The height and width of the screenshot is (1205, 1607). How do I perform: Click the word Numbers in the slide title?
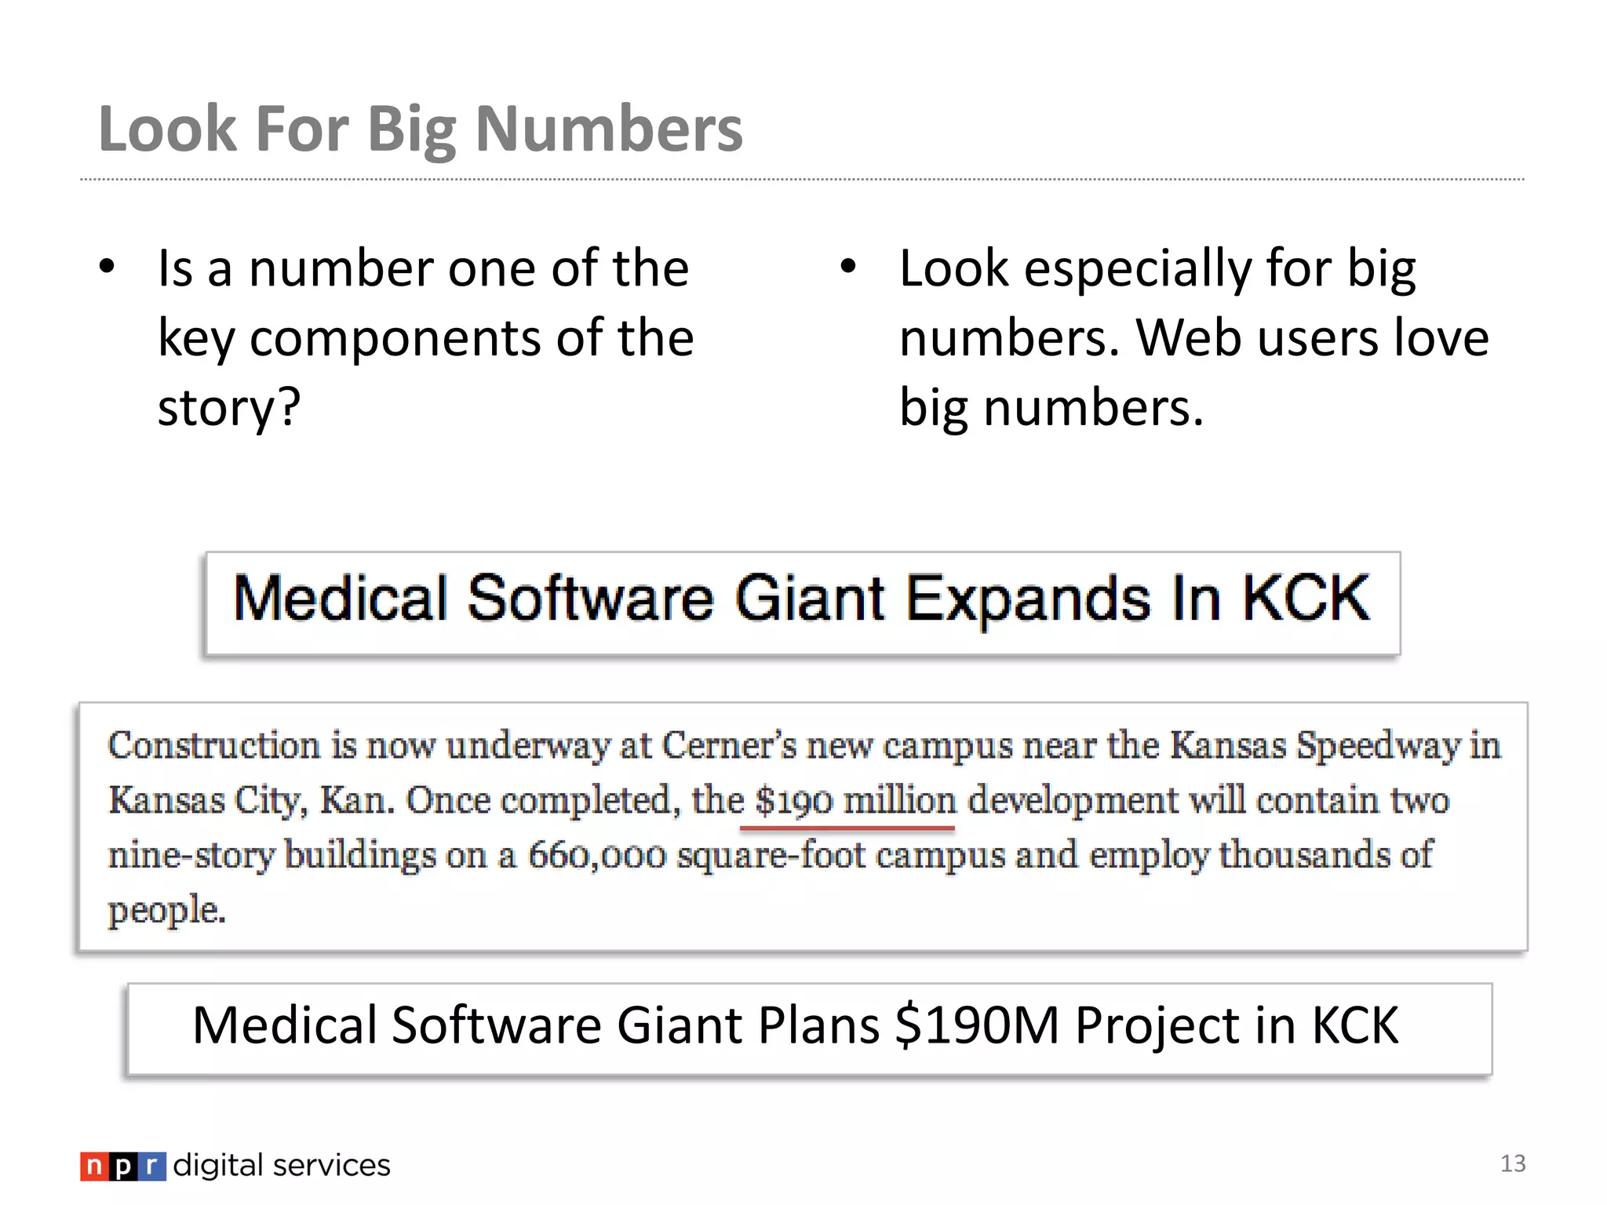pyautogui.click(x=608, y=129)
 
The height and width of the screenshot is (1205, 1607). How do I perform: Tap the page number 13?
pyautogui.click(x=1513, y=1163)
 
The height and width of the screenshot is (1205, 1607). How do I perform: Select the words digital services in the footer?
pyautogui.click(x=282, y=1166)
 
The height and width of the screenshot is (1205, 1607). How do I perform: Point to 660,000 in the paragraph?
pyautogui.click(x=596, y=855)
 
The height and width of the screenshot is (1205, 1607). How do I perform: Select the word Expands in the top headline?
pyautogui.click(x=1028, y=600)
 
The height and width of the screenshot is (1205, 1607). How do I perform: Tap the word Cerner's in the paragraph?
pyautogui.click(x=730, y=745)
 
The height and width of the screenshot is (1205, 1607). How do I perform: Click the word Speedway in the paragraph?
pyautogui.click(x=1377, y=745)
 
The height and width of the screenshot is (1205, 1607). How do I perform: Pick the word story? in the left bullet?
pyautogui.click(x=229, y=408)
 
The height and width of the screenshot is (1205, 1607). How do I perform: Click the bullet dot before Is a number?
pyautogui.click(x=107, y=268)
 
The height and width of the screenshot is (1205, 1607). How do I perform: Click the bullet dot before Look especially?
pyautogui.click(x=847, y=268)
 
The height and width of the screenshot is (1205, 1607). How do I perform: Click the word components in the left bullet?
pyautogui.click(x=395, y=340)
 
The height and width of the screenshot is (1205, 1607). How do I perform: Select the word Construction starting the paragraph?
pyautogui.click(x=214, y=745)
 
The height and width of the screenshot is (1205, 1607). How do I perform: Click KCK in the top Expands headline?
pyautogui.click(x=1306, y=599)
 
